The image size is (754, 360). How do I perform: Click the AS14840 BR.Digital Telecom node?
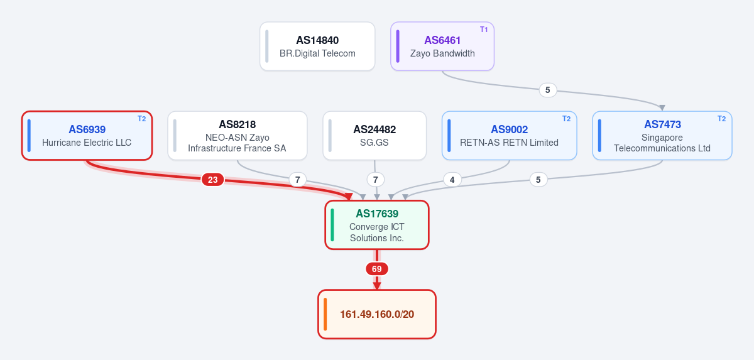[x=317, y=46]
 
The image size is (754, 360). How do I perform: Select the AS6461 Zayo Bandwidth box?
[x=442, y=46]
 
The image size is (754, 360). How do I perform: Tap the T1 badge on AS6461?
[x=484, y=30]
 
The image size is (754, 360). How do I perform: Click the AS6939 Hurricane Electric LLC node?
[x=87, y=136]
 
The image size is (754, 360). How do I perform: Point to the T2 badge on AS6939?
[x=142, y=119]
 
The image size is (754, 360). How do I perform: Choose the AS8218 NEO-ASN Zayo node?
[x=238, y=136]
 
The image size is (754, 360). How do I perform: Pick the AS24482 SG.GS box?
[x=374, y=136]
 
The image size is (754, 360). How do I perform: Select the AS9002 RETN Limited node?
[x=510, y=136]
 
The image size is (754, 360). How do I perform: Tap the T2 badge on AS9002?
[x=567, y=119]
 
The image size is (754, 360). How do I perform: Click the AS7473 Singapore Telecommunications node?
[x=662, y=136]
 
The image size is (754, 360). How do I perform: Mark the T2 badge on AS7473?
[x=722, y=119]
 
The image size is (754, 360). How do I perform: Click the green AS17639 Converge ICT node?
[x=376, y=225]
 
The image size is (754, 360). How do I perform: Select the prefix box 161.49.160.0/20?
[x=377, y=314]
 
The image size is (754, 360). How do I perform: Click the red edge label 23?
[x=213, y=180]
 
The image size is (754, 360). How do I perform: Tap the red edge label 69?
[x=376, y=269]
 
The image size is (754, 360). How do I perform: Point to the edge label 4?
[x=452, y=180]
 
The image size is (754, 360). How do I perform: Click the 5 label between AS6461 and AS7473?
[x=548, y=90]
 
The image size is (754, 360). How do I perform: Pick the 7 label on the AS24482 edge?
[x=375, y=180]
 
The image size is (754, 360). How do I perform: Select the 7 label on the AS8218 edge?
[x=298, y=180]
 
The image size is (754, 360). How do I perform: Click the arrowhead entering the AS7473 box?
[x=662, y=108]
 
